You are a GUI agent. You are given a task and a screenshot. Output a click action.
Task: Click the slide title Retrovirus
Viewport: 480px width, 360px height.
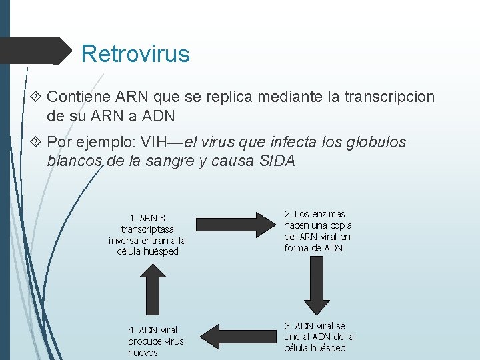[135, 53]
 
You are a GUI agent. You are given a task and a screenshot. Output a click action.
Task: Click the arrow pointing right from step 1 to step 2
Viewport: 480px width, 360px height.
[231, 223]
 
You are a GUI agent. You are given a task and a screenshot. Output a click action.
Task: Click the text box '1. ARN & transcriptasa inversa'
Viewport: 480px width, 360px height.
[147, 235]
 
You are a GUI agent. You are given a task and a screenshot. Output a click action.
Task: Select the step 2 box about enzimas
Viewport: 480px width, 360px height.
[317, 231]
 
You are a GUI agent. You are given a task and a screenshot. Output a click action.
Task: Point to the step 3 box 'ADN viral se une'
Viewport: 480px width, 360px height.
[319, 337]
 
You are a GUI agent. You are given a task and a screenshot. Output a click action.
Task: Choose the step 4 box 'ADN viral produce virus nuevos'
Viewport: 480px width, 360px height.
[155, 341]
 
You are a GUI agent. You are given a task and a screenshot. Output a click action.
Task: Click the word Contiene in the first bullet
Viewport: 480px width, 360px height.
[75, 97]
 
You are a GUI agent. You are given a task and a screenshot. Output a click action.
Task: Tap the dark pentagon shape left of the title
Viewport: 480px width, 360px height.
[37, 51]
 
